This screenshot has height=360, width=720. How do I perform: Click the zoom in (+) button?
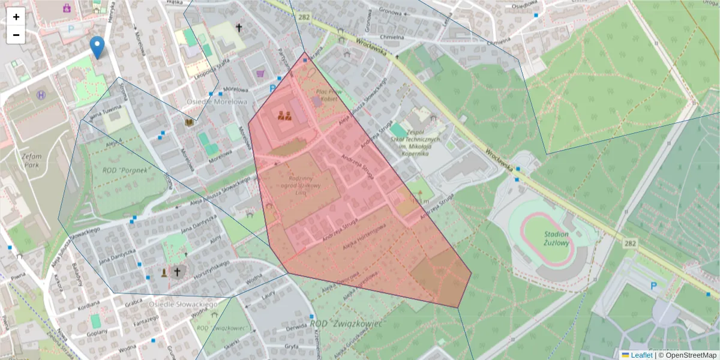point(16,17)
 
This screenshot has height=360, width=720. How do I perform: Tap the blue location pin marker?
point(97,47)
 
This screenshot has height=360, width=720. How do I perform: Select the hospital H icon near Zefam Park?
point(41,95)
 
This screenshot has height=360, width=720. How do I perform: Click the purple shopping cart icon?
point(260,74)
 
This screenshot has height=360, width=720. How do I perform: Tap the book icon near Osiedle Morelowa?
point(190,122)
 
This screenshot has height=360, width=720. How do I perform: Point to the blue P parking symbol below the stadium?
point(653,286)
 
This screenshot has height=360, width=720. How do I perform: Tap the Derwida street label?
point(296,328)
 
